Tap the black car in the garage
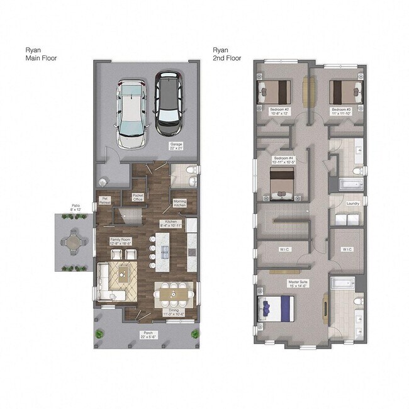[x=168, y=103]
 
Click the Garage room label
[x=176, y=146]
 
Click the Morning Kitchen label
[x=180, y=203]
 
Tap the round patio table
[x=74, y=242]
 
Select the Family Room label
[x=120, y=241]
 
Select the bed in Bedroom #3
[x=345, y=92]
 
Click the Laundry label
[x=353, y=203]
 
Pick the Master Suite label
[x=298, y=284]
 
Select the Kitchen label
[x=173, y=223]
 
